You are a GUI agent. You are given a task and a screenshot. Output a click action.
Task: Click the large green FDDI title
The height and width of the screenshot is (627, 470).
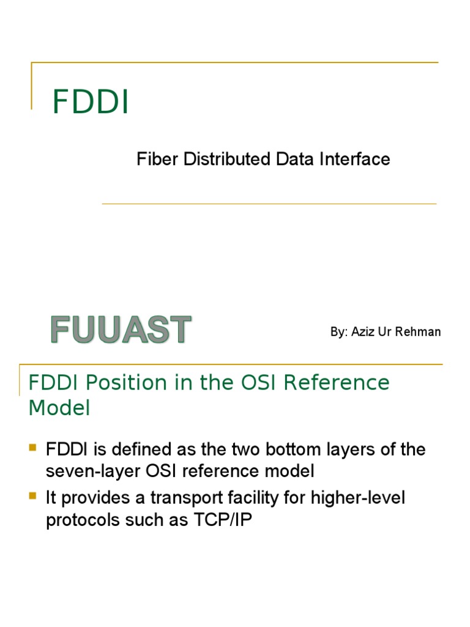click(91, 102)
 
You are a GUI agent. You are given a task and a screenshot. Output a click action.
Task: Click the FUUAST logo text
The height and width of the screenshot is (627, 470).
click(121, 330)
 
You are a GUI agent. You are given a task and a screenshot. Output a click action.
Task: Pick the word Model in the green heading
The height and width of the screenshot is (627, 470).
click(59, 408)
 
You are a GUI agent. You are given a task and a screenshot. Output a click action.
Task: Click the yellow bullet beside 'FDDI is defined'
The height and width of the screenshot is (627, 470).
click(33, 448)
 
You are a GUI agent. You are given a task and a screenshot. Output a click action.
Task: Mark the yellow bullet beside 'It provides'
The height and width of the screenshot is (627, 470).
click(33, 496)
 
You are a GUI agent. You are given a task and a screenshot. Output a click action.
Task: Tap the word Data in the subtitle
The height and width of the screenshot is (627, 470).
click(295, 159)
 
